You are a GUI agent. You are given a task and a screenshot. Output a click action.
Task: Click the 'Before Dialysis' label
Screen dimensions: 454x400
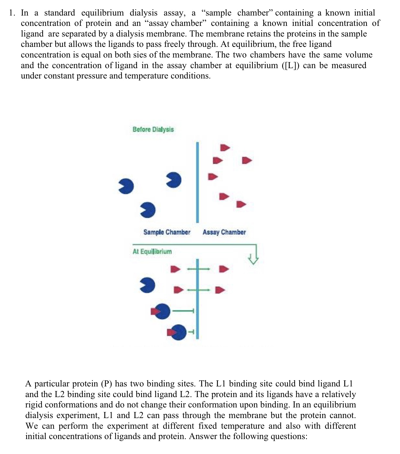click(153, 129)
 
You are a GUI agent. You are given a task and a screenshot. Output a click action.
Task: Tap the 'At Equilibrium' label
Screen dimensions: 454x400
click(152, 252)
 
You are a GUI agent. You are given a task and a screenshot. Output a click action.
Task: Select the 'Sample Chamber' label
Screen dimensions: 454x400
click(167, 232)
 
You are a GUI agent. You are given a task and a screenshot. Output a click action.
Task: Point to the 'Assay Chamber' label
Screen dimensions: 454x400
click(224, 232)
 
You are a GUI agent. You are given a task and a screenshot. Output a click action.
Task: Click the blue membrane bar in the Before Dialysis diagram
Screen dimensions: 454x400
click(197, 182)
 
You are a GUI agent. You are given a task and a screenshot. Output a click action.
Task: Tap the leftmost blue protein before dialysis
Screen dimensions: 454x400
click(126, 186)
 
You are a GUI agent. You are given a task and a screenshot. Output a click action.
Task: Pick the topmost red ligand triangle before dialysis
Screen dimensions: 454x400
click(225, 148)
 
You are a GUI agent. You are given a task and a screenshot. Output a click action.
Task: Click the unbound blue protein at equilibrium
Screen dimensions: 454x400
click(148, 285)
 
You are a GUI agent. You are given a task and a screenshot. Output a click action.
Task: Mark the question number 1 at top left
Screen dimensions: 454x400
click(11, 13)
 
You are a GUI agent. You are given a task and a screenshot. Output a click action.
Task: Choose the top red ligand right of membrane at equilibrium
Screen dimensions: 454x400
click(224, 269)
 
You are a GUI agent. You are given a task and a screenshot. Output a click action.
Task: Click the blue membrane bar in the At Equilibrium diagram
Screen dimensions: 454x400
click(197, 299)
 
